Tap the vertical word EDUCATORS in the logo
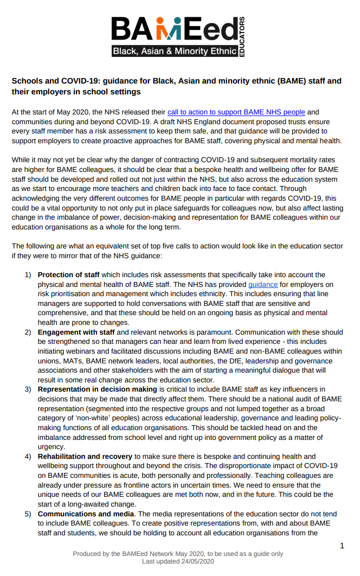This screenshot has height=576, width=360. pos(242,36)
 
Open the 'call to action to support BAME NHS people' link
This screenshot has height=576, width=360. pos(236,112)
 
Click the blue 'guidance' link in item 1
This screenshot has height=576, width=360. pos(263,284)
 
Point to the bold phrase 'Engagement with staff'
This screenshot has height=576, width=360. pos(76,332)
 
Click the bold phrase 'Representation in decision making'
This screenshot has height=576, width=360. pos(96,389)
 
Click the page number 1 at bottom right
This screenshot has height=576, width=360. pos(342,545)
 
